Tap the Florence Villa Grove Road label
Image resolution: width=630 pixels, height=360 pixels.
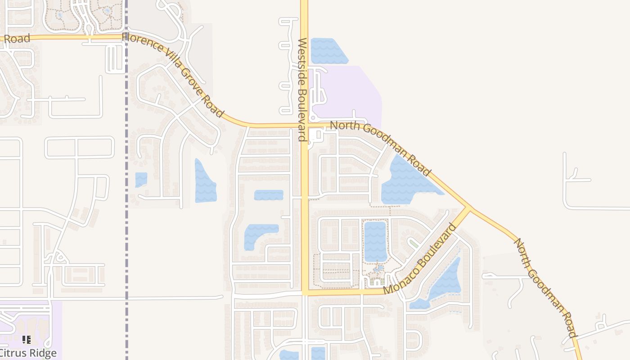click(x=173, y=75)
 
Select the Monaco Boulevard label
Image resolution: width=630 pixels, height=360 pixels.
click(x=419, y=259)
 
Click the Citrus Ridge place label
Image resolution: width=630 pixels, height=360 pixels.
click(x=28, y=352)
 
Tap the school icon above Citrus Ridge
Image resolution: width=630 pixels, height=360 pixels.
click(x=27, y=339)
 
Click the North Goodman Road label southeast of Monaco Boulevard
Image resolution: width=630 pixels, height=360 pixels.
click(x=544, y=288)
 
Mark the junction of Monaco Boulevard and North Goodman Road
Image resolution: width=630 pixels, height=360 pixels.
click(x=468, y=209)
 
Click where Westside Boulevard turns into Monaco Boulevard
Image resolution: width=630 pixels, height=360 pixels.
click(x=305, y=292)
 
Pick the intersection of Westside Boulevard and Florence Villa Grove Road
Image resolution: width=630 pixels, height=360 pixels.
click(x=304, y=126)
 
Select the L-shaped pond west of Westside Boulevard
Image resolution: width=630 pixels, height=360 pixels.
click(x=256, y=234)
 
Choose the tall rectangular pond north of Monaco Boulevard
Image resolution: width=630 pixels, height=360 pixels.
click(x=375, y=241)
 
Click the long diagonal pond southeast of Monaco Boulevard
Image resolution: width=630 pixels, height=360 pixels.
click(x=443, y=281)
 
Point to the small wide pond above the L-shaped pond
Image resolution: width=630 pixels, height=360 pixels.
click(x=269, y=195)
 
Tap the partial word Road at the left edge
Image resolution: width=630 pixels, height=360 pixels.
click(x=17, y=39)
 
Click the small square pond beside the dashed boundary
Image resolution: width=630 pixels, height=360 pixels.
click(x=141, y=180)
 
